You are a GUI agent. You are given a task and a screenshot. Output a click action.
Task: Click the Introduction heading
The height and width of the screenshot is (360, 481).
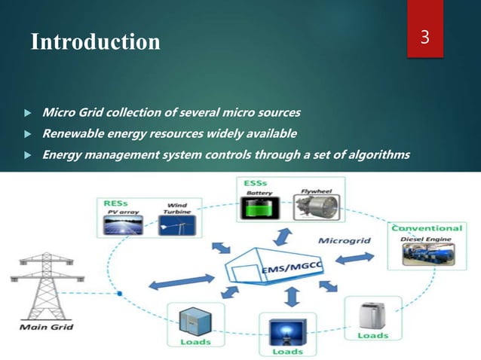pyautogui.click(x=95, y=41)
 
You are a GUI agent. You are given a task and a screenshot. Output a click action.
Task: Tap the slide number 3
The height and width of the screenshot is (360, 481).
pyautogui.click(x=424, y=38)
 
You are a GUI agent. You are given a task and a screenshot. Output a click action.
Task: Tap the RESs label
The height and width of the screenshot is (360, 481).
pyautogui.click(x=109, y=203)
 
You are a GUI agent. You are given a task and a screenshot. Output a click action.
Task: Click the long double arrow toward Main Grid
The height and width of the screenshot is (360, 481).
pyautogui.click(x=179, y=279)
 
